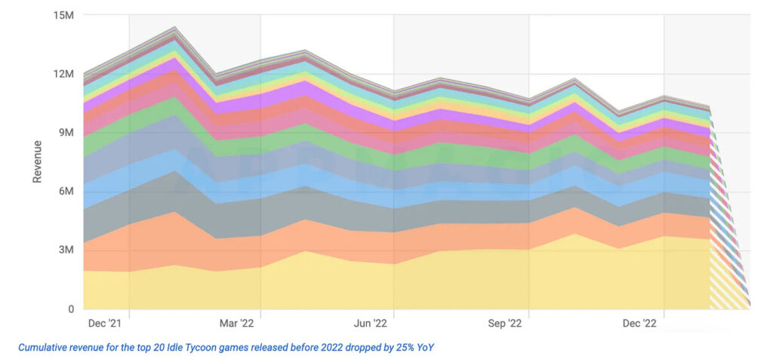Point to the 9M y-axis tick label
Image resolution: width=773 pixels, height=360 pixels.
[x=65, y=133]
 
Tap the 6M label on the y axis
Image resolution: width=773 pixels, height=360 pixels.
[x=65, y=192]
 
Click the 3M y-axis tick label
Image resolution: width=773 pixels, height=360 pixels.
[x=65, y=250]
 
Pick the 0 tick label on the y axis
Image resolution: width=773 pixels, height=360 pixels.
[x=69, y=309]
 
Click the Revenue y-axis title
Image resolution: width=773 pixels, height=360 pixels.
[x=37, y=161]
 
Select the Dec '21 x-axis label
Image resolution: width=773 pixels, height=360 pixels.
[x=104, y=324]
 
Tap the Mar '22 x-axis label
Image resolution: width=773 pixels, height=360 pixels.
[x=237, y=324]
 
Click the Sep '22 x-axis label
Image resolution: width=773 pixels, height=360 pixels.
[x=505, y=324]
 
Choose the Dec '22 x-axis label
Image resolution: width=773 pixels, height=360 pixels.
[x=639, y=324]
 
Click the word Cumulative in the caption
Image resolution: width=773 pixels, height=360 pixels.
[x=44, y=348]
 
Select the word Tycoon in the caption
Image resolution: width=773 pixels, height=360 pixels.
[x=206, y=348]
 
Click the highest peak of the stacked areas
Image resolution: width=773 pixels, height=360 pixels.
[x=175, y=28]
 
